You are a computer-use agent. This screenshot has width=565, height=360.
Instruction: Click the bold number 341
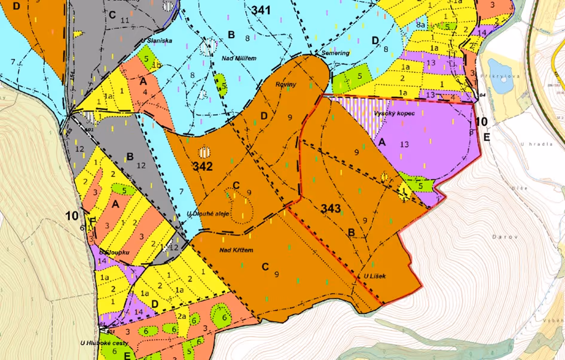pos(262,10)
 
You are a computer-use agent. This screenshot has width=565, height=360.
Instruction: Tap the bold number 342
pos(203,166)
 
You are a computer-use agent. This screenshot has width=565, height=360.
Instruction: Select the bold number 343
pos(331,208)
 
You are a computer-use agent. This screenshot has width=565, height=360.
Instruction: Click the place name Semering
pos(335,53)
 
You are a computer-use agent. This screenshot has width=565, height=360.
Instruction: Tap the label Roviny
pos(286,84)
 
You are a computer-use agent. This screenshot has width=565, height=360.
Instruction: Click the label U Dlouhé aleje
pos(209,213)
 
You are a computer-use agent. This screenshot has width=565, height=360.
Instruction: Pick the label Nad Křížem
pos(233,249)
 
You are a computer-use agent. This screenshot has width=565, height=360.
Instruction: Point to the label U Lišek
pos(375,276)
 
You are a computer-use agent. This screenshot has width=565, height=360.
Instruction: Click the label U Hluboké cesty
pos(99,343)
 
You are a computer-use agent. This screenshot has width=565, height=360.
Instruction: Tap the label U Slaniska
pos(157,41)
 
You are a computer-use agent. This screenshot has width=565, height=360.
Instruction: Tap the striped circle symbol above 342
pos(204,151)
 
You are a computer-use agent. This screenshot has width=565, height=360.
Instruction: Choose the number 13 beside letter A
pos(405,144)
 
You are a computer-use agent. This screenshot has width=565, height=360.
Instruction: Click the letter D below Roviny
pos(264,115)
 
